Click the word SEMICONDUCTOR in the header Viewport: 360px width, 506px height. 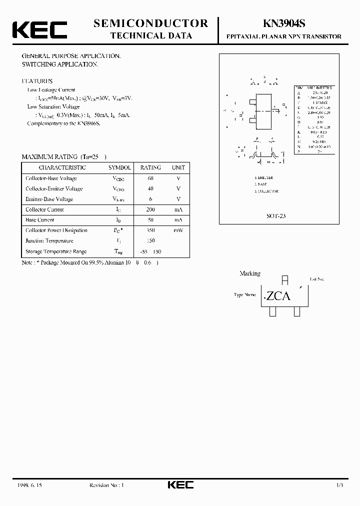(x=150, y=23)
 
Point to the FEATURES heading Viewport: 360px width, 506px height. (x=36, y=81)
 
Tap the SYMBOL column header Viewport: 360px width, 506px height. (x=119, y=167)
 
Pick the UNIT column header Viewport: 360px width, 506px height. (x=178, y=167)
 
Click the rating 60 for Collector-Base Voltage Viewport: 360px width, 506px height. (x=150, y=178)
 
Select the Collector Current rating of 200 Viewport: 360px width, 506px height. (x=150, y=209)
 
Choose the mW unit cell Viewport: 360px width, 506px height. (x=178, y=230)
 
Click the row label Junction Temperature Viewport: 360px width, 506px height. (x=49, y=241)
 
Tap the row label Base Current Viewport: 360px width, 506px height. (x=40, y=220)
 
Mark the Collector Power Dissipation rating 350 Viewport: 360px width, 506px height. (x=150, y=230)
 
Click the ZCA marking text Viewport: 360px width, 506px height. (x=278, y=296)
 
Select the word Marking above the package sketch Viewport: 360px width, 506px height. (x=250, y=273)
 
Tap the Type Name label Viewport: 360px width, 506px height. (x=245, y=295)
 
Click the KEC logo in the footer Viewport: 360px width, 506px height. (x=179, y=484)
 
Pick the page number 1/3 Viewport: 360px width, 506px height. (x=339, y=485)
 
